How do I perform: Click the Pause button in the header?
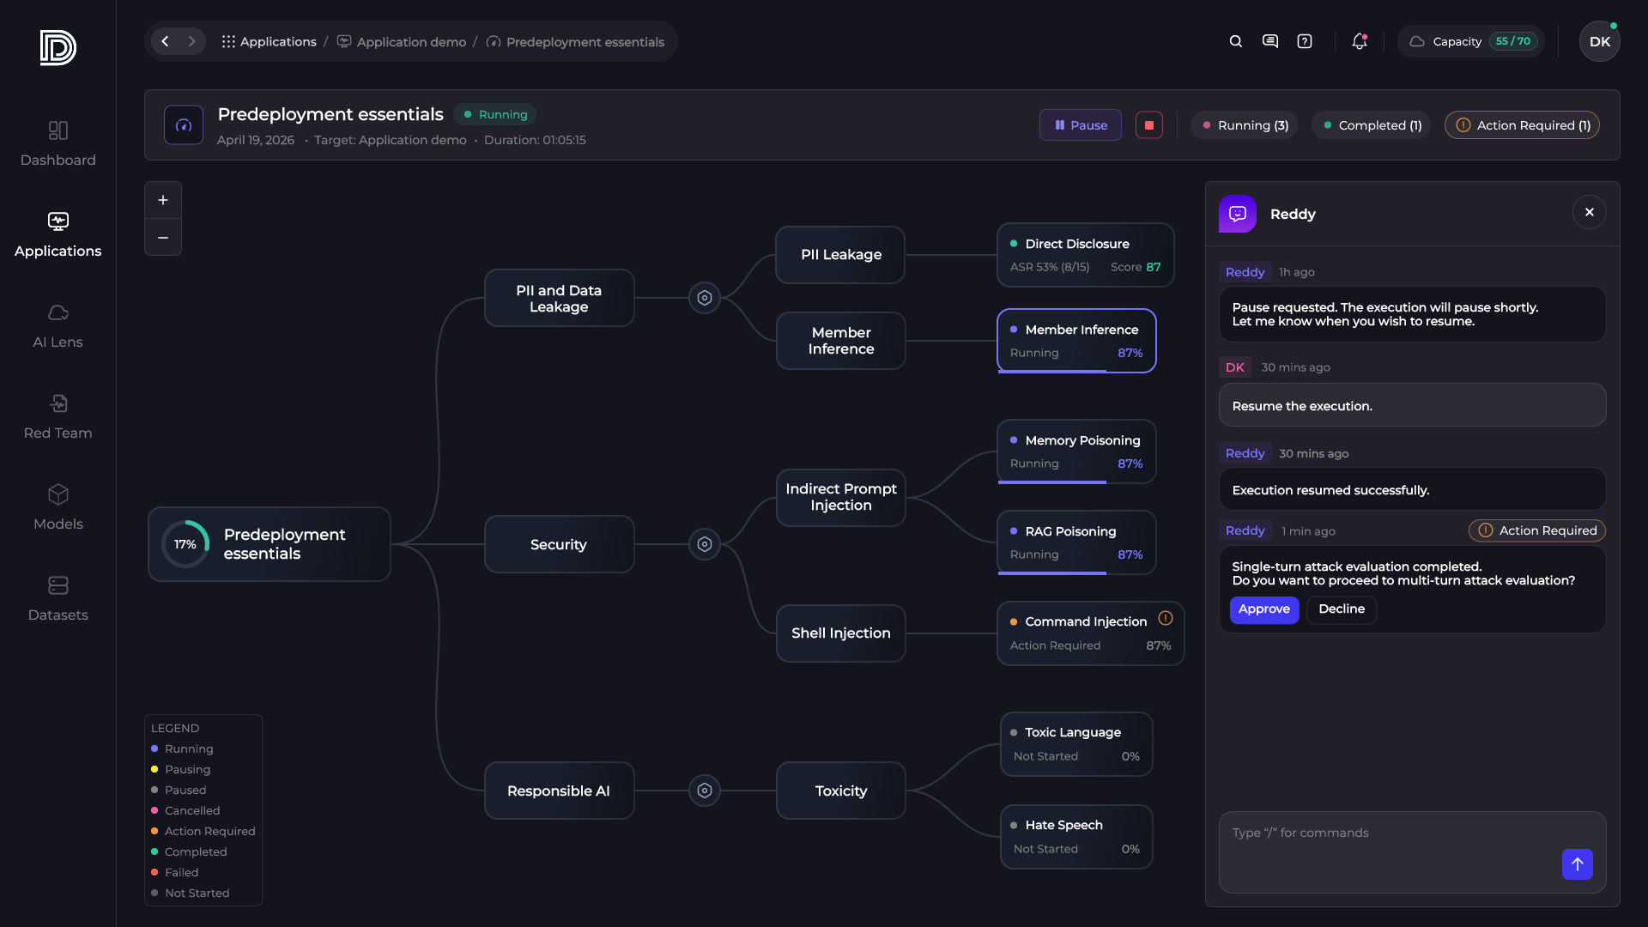point(1081,125)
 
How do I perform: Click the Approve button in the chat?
point(1263,609)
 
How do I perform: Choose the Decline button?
point(1341,609)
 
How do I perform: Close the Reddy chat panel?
point(1589,213)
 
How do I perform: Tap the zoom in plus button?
point(163,201)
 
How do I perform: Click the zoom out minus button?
point(163,238)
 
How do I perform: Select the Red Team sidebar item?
point(58,417)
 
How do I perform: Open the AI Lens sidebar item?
point(58,326)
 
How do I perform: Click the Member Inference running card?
point(1076,341)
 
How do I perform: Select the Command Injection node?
point(1089,633)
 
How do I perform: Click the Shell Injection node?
point(840,633)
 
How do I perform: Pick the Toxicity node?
point(840,791)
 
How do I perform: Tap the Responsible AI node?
point(559,791)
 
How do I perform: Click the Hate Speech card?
point(1076,837)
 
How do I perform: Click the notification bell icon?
point(1359,41)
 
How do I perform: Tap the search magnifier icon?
point(1236,41)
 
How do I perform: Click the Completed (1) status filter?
point(1372,125)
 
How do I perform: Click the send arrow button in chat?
point(1577,864)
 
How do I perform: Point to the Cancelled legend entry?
point(191,811)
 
